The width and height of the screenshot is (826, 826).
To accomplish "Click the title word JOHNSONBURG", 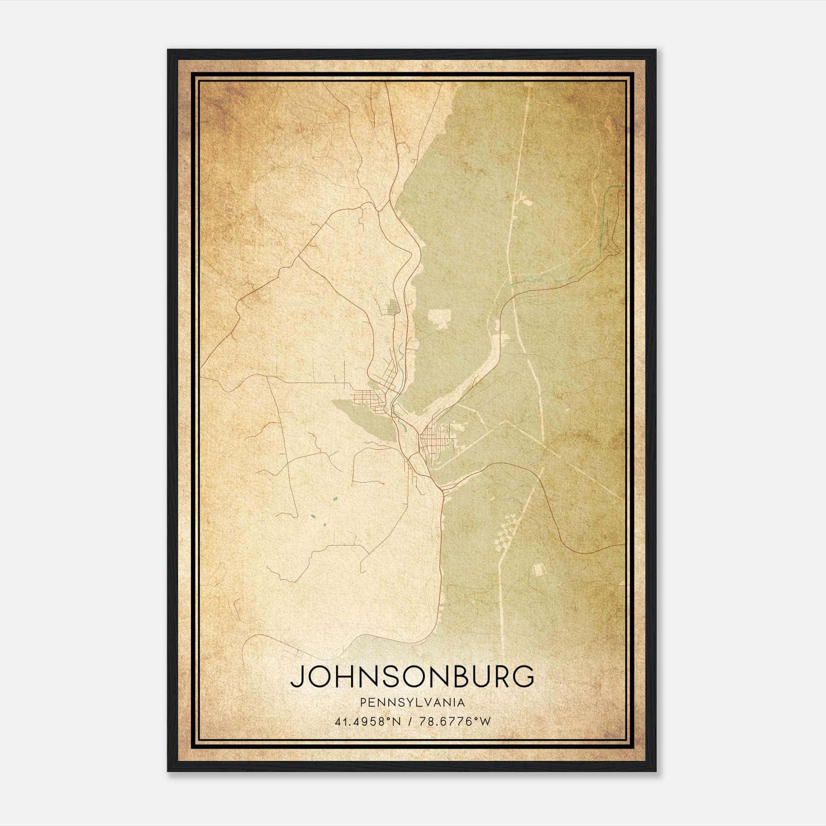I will pyautogui.click(x=412, y=677).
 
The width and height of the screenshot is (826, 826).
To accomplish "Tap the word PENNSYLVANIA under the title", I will pyautogui.click(x=412, y=702).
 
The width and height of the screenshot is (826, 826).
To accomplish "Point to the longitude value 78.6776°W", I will pyautogui.click(x=455, y=721).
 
